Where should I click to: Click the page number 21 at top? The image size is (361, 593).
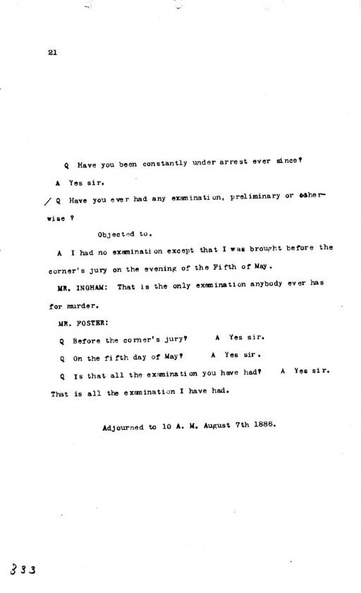tap(53, 51)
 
